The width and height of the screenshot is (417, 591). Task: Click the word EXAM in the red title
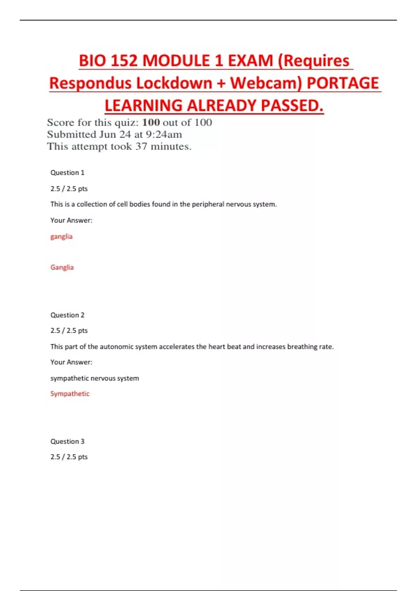coord(250,61)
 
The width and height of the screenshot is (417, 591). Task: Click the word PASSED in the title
coord(292,106)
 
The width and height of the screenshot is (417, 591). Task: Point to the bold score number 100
coord(151,122)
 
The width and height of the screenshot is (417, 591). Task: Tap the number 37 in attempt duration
coord(141,146)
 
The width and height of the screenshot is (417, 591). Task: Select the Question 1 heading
coord(67,173)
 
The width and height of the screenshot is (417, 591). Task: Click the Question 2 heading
coord(67,315)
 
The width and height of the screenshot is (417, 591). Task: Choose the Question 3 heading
coord(67,442)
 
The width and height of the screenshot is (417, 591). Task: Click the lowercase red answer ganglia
coord(62,237)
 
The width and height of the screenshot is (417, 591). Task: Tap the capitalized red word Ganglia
coord(62,267)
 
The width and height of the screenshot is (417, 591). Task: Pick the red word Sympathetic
coord(70,394)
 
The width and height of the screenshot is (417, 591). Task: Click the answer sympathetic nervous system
coord(95,378)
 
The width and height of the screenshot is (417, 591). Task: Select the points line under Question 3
coord(69,457)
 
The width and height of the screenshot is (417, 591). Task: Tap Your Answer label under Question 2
coord(71,362)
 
